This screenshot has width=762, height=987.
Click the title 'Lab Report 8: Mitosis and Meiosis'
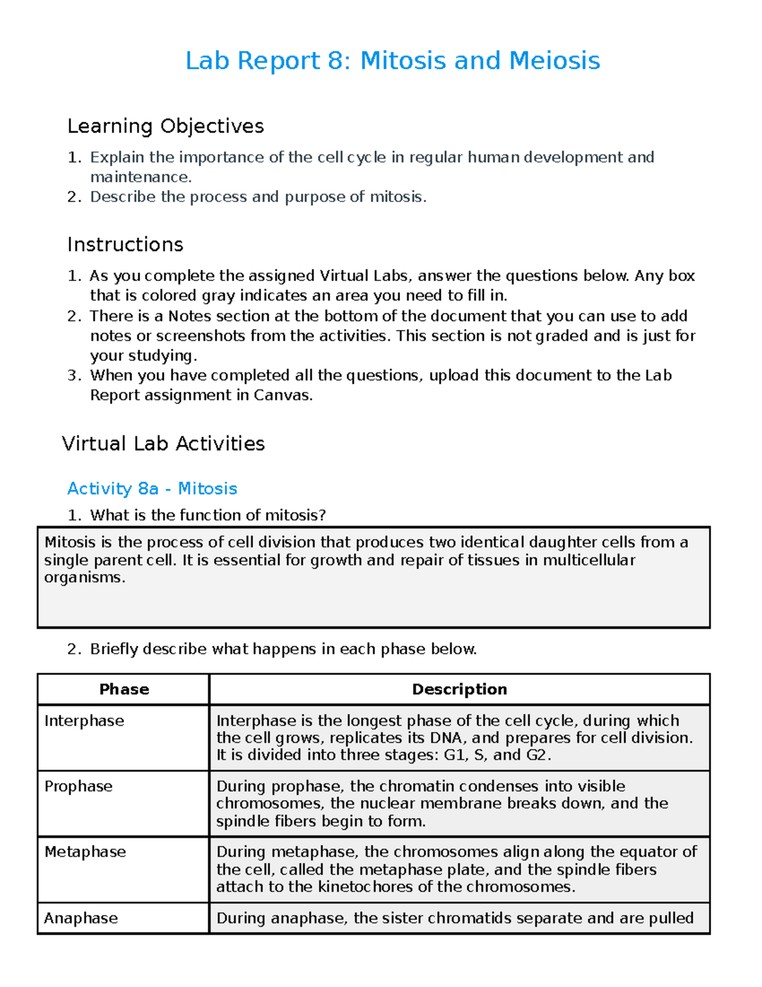(392, 61)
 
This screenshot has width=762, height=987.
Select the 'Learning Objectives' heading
(165, 126)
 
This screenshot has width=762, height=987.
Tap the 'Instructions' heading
(125, 245)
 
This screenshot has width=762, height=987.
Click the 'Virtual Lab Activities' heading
(163, 444)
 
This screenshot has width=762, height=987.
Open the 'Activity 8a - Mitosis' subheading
(152, 489)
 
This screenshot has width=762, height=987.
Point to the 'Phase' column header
(124, 690)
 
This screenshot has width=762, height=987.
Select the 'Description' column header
(459, 690)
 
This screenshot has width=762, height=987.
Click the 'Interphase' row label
(84, 721)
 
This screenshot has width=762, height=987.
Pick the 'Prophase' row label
(78, 786)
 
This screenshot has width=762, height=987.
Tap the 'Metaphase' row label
(85, 852)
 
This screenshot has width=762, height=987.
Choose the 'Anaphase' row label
(81, 918)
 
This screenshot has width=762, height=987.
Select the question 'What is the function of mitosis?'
(208, 515)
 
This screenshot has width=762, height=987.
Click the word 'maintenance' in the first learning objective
(139, 177)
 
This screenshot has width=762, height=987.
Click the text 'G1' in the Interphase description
(455, 755)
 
